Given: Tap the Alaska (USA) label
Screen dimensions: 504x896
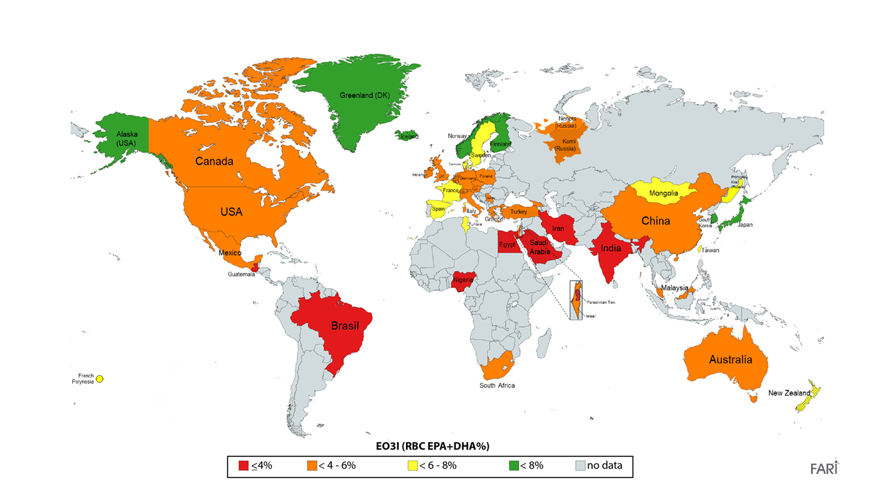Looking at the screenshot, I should click(126, 139).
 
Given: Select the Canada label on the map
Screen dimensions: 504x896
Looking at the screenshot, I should click(214, 161).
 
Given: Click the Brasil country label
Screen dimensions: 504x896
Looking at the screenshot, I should click(345, 326).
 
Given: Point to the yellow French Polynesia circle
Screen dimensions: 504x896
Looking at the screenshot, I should click(99, 379).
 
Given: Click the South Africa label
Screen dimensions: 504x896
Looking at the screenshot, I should click(497, 385).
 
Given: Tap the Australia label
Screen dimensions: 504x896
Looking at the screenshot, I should click(730, 359).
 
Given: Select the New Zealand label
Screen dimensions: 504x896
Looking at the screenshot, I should click(789, 393).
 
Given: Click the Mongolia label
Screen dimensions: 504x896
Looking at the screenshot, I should click(663, 193).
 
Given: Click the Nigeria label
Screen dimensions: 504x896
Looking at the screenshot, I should click(464, 279).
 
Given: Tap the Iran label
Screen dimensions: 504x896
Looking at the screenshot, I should click(558, 229).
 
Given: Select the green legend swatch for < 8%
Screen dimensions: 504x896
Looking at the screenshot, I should click(514, 467).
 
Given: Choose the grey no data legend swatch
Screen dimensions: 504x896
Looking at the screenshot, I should click(581, 467).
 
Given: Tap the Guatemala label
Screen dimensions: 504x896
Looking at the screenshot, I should click(242, 274).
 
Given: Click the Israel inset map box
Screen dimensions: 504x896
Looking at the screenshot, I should click(576, 300).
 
